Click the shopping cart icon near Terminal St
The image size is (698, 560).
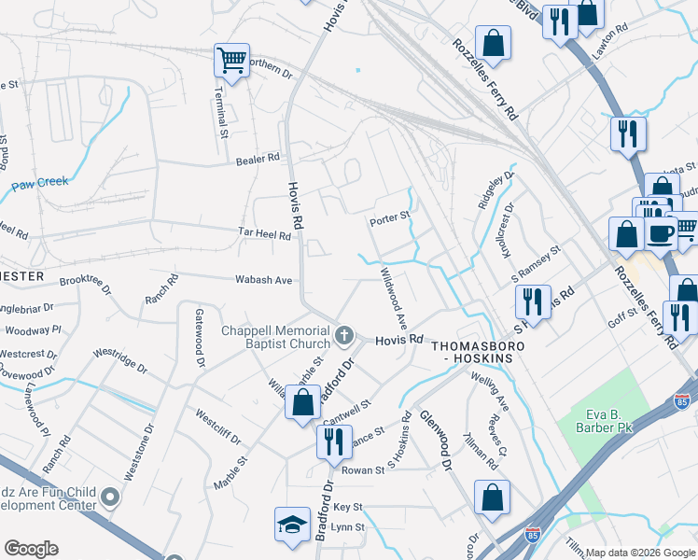coord(231,62)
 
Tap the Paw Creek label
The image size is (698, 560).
coord(40,183)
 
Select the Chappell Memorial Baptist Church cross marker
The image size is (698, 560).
coord(344,334)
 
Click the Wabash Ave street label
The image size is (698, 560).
coord(263,279)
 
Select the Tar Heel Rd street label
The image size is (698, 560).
coord(264,234)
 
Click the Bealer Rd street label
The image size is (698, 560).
coord(258,159)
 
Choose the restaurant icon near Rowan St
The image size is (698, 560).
coord(333,441)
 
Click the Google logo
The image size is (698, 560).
coord(31,548)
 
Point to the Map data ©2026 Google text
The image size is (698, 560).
coord(639,553)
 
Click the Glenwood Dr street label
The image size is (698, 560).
coord(436,439)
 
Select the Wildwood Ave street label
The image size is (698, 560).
coord(393,298)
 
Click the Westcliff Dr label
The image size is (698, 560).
coord(217,426)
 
